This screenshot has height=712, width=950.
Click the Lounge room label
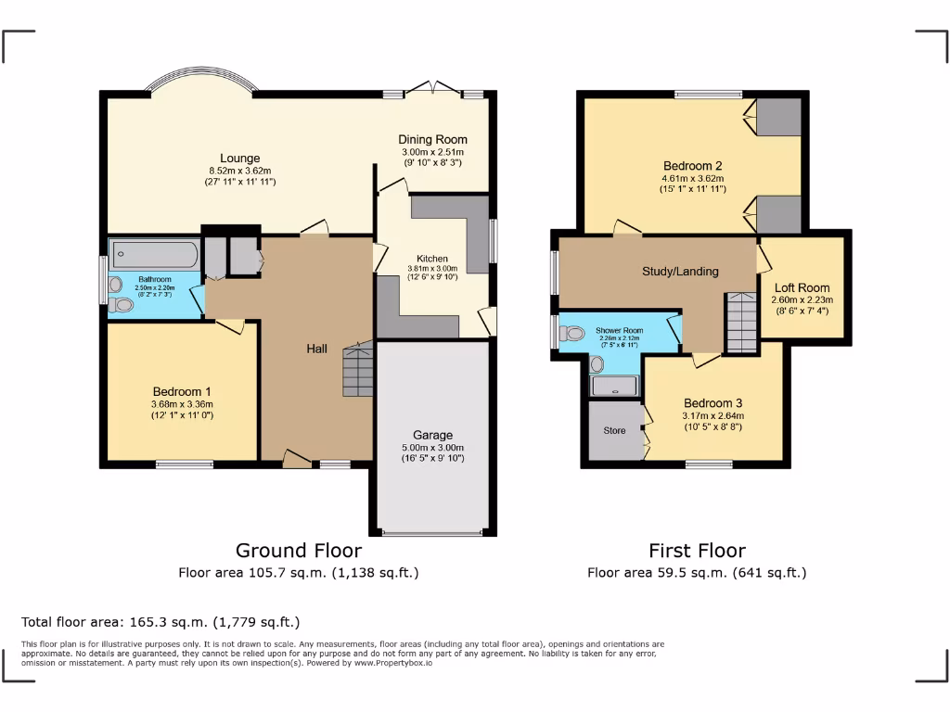(239, 159)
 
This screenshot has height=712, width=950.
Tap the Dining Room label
(432, 140)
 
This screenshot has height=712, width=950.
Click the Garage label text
(432, 435)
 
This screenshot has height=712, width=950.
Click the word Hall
(317, 349)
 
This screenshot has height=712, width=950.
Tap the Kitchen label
(431, 259)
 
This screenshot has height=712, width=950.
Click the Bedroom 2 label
(692, 166)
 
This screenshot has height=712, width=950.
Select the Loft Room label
(802, 287)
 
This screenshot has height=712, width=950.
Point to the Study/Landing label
(680, 272)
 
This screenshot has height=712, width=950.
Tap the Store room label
(613, 430)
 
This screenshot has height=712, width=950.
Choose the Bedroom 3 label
(712, 403)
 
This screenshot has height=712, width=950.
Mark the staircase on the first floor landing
(742, 322)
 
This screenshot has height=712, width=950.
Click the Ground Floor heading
(298, 551)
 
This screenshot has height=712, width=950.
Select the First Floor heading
(696, 551)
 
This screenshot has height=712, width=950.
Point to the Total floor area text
(160, 622)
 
